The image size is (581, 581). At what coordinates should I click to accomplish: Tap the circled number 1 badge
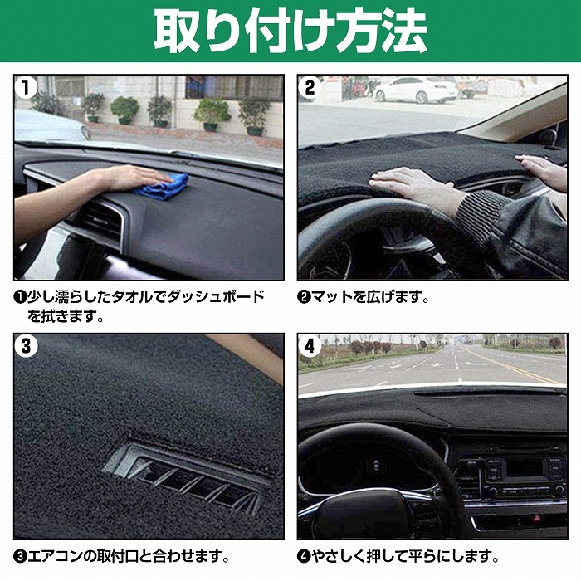pyautogui.click(x=27, y=87)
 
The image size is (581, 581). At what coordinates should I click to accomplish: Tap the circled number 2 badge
pyautogui.click(x=310, y=87)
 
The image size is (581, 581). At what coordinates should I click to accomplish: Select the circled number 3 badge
pyautogui.click(x=27, y=347)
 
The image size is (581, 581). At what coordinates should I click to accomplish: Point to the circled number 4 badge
pyautogui.click(x=310, y=347)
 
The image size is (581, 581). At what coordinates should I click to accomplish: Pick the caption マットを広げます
pyautogui.click(x=366, y=297)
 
